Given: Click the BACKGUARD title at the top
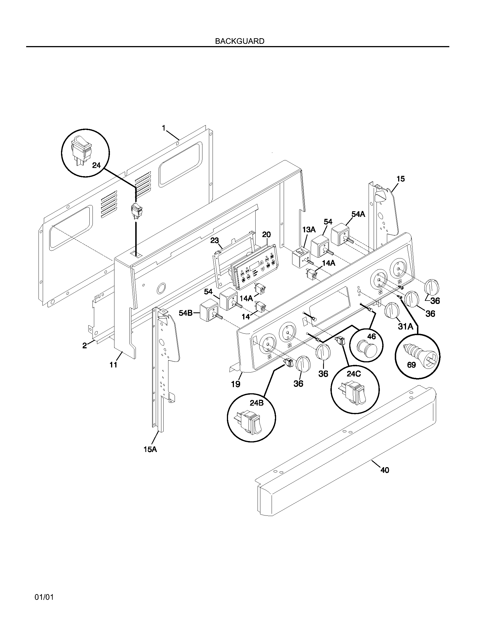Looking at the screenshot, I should tap(240, 41).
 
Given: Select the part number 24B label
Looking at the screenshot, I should tap(256, 403).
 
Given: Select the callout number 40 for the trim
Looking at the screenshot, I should tap(385, 470).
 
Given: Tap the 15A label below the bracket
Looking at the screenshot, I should tap(150, 449).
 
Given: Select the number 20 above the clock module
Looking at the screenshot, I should tap(266, 234).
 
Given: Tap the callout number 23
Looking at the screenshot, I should tap(215, 240).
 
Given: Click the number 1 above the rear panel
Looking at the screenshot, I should tap(164, 128).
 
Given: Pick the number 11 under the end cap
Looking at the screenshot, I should tap(113, 365).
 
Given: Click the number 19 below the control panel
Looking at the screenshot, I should tap(236, 384).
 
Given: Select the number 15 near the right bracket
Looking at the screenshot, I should tap(400, 179).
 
